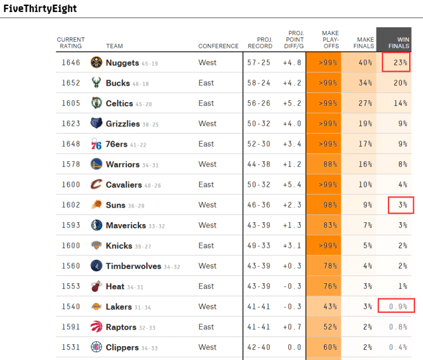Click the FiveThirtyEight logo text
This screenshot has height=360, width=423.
(40, 9)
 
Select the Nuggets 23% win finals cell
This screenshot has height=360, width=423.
(397, 63)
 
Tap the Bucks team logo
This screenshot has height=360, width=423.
(96, 83)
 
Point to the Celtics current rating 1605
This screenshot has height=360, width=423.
(71, 103)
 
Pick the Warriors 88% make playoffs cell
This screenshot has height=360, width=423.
(323, 164)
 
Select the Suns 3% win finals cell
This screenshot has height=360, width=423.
(401, 205)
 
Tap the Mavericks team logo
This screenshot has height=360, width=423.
(96, 225)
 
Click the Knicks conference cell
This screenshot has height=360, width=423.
(206, 246)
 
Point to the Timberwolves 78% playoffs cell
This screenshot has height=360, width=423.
(323, 266)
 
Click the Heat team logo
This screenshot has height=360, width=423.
(96, 286)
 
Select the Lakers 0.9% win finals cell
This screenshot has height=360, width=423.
(397, 307)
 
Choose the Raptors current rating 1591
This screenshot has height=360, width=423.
(71, 327)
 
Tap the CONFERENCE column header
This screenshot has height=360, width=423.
(218, 47)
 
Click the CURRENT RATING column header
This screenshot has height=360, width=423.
(71, 43)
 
